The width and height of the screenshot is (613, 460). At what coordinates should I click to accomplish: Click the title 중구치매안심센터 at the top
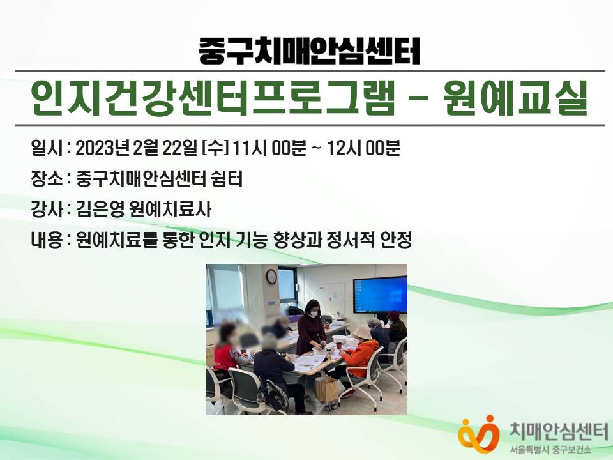pos(309,51)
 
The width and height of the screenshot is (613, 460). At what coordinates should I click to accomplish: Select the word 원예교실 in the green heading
pos(516,98)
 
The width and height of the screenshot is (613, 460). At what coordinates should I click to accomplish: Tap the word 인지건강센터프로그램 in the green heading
pos(211,98)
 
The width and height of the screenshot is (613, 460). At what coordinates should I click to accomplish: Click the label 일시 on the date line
pos(47,149)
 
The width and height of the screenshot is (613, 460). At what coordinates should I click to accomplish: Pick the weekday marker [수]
pos(215,149)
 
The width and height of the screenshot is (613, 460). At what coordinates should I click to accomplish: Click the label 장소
pos(47,179)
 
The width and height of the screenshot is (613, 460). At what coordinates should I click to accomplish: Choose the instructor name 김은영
pos(100,210)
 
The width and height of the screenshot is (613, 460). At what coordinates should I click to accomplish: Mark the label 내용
pos(47,240)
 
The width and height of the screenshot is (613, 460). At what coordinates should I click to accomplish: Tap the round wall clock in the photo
pos(271,277)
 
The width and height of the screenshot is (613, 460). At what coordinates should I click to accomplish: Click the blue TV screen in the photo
pos(380,295)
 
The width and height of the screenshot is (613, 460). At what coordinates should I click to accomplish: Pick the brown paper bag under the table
pos(326,389)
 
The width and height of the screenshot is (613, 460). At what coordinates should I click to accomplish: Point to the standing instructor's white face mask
pos(313,313)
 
